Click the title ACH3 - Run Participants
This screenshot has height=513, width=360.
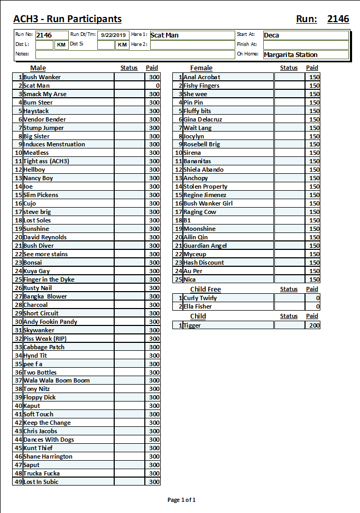click(67, 19)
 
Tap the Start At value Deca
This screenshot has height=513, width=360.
click(272, 35)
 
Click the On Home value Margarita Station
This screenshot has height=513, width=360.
click(291, 54)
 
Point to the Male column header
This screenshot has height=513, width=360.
click(38, 68)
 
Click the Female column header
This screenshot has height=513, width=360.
click(201, 68)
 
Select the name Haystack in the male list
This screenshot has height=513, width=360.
click(36, 111)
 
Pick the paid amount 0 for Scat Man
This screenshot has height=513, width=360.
click(157, 86)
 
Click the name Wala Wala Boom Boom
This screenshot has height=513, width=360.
click(57, 380)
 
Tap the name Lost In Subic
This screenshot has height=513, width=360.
click(41, 482)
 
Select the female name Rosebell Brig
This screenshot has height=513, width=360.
click(201, 144)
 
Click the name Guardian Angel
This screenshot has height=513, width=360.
click(205, 246)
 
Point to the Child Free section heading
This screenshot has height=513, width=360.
click(206, 289)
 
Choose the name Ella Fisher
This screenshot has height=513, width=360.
click(198, 306)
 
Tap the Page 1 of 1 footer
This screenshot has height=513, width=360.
click(181, 500)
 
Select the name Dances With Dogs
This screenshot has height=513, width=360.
click(49, 440)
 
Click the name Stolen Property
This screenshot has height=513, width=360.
click(206, 186)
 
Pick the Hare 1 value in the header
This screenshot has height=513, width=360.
click(164, 35)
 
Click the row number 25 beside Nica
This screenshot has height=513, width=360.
click(179, 279)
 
